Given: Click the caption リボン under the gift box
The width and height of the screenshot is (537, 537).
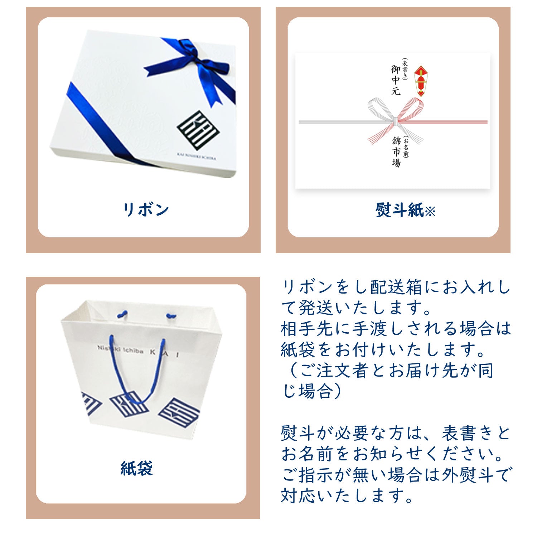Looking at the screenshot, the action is pos(145,209).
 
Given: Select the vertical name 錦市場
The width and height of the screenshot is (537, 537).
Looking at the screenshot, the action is pos(396,152).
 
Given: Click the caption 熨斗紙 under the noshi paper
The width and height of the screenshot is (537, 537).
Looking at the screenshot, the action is pos(400,210).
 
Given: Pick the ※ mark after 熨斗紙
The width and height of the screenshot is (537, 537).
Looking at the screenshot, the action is pos(430,211).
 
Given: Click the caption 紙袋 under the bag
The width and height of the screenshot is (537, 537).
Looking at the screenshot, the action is pos(137,468).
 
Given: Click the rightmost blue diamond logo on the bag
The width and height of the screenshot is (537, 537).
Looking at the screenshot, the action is pos(179,415).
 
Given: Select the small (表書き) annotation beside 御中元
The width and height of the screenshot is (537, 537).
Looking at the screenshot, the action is pos(405,69).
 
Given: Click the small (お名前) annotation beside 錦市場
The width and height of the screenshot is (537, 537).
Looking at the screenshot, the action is pos(406,147).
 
